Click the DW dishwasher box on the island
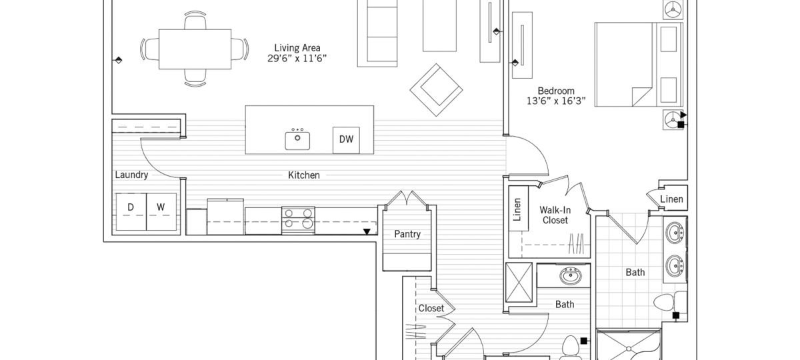[346, 139]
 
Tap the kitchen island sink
[298, 139]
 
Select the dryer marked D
[131, 207]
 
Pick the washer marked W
[161, 207]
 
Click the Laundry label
[131, 175]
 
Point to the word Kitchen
[303, 175]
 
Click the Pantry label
[407, 235]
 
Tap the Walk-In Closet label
[555, 215]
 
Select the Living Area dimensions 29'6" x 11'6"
[297, 58]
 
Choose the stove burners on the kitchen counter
[298, 219]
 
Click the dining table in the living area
[195, 49]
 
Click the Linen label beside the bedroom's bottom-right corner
[671, 199]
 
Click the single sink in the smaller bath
[570, 275]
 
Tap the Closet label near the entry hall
[431, 309]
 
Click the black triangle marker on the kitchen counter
[366, 232]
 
